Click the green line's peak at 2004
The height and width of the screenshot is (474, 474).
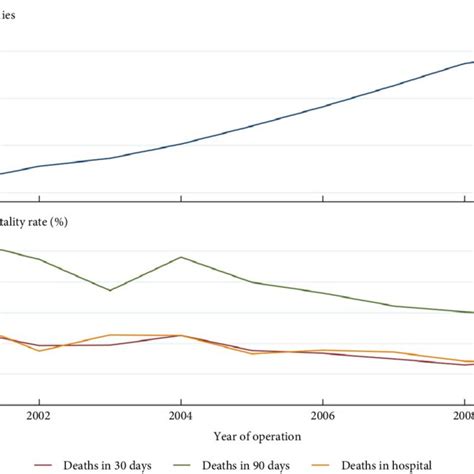click(x=180, y=257)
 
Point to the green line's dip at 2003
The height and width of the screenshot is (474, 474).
click(x=109, y=290)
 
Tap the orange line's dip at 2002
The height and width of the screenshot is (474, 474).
click(x=38, y=351)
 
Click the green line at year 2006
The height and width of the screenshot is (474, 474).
click(x=322, y=293)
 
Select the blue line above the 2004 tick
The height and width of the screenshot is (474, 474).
click(x=180, y=144)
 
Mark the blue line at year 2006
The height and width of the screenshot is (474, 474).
click(x=322, y=106)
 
